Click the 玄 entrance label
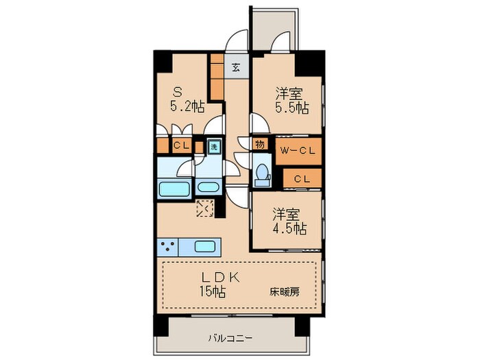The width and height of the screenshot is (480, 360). click(235, 67)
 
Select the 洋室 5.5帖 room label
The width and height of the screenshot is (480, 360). click(291, 100)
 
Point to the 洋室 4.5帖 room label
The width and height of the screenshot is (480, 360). click(289, 220)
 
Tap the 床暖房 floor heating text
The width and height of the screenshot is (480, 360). click(284, 291)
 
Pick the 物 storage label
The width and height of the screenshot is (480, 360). click(260, 144)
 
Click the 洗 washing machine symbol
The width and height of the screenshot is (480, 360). click(213, 146)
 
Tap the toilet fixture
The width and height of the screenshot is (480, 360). click(261, 174)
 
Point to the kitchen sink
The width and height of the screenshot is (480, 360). click(206, 246)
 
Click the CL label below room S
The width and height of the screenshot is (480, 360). click(181, 145)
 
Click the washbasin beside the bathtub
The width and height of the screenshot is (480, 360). click(207, 187)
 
